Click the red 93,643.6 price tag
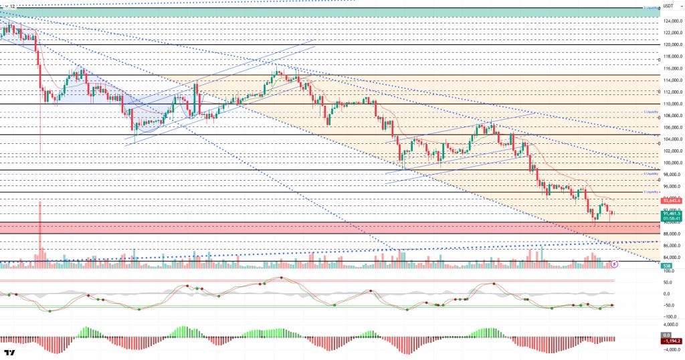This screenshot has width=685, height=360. (x=672, y=200)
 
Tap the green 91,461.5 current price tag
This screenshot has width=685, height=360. (x=672, y=213)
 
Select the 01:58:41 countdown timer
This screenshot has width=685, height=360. (x=672, y=218)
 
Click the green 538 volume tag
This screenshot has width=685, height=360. (x=667, y=266)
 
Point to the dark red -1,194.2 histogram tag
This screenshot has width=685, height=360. (x=672, y=339)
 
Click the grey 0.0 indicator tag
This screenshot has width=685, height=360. (x=666, y=334)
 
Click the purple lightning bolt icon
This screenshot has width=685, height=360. (x=615, y=264)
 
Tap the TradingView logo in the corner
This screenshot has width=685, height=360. (x=9, y=353)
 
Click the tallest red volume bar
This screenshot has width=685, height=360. (x=41, y=231)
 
